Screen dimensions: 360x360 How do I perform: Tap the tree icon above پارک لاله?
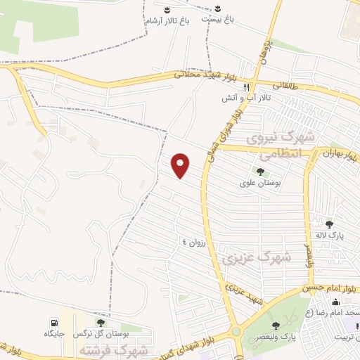pyautogui.click(x=329, y=224)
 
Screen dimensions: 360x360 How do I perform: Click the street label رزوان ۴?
pyautogui.click(x=195, y=242)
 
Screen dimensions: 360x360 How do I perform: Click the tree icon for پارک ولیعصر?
pyautogui.click(x=276, y=325)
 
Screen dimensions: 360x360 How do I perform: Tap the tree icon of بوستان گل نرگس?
pyautogui.click(x=101, y=323)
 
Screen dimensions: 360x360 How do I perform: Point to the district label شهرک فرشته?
pyautogui.click(x=114, y=349)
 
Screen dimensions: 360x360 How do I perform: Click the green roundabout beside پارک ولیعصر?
pyautogui.click(x=236, y=332)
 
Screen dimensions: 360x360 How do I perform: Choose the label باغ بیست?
pyautogui.click(x=218, y=20)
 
